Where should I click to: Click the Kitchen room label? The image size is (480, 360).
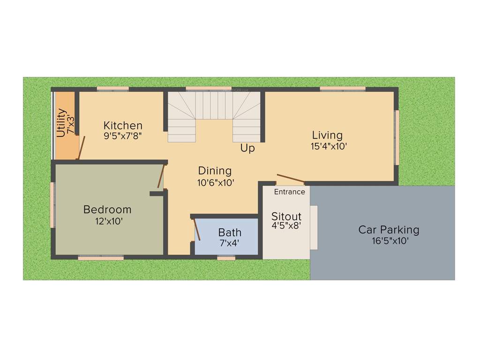(x=123, y=126)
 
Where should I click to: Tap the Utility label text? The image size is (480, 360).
(x=61, y=123)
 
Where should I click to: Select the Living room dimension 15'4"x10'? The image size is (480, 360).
(x=329, y=146)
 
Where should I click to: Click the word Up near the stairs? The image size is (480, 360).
(x=247, y=148)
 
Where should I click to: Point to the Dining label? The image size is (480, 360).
(x=215, y=171)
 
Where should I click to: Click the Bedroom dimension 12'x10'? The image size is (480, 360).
(x=108, y=221)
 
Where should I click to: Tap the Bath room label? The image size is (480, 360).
(x=230, y=232)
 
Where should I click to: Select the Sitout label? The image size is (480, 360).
(x=286, y=217)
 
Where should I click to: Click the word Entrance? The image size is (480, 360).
(x=289, y=192)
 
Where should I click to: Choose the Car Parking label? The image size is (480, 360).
(x=389, y=230)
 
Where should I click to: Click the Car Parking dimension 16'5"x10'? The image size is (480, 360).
(x=389, y=241)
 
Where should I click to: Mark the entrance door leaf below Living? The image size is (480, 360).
(x=291, y=179)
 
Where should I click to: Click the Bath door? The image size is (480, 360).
(x=197, y=230)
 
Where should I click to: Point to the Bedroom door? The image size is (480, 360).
(x=162, y=176)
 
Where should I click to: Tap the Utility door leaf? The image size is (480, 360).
(x=81, y=148)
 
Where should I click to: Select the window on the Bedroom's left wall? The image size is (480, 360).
(x=52, y=205)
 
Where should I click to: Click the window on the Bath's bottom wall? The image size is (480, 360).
(x=226, y=258)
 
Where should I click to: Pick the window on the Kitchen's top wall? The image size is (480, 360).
(x=112, y=89)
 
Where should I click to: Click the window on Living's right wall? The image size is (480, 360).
(x=397, y=137)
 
